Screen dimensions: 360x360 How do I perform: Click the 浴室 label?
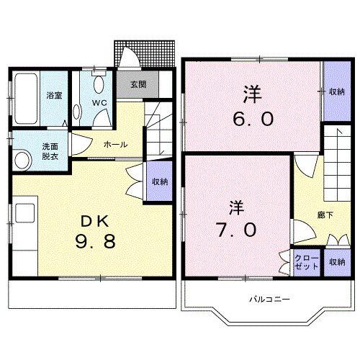click(x=55, y=95)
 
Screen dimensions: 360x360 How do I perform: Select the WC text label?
click(x=99, y=102)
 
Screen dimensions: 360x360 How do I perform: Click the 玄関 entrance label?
click(x=138, y=84)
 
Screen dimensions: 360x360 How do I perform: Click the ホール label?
click(x=115, y=144)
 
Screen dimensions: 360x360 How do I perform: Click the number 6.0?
click(x=251, y=118)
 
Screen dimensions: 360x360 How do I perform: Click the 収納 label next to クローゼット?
click(x=336, y=262)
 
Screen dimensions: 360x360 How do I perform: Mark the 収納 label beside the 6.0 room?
click(x=336, y=91)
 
